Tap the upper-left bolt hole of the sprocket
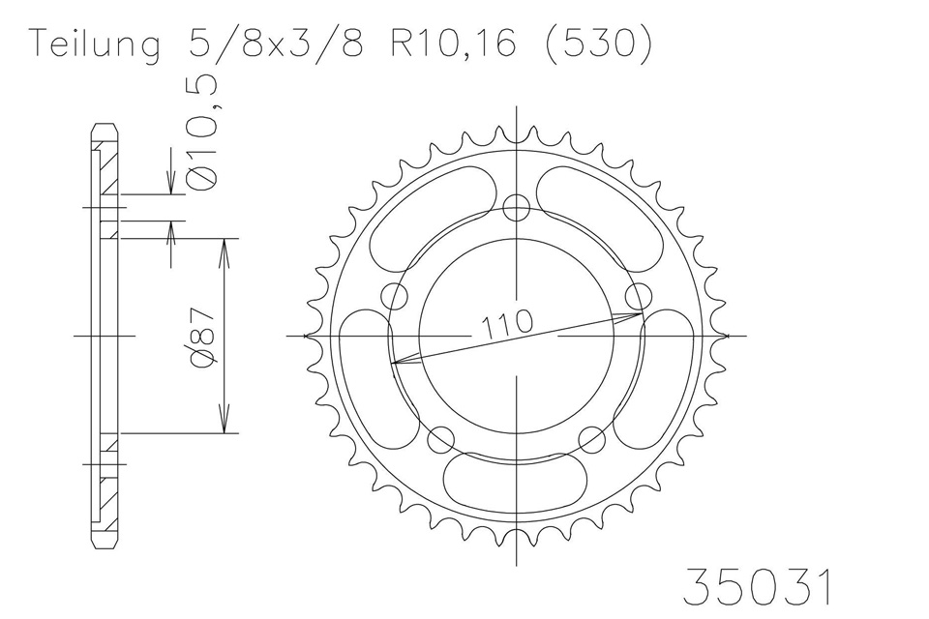pyautogui.click(x=395, y=295)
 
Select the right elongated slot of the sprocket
pyautogui.click(x=666, y=372)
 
